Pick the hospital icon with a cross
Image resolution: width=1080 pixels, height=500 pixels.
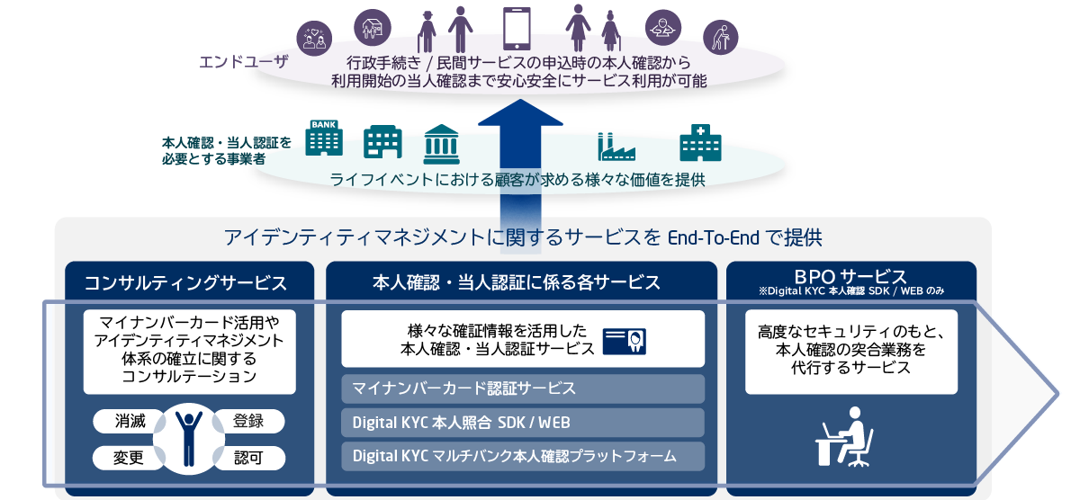(x=699, y=142)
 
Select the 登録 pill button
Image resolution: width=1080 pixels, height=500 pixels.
(x=248, y=421)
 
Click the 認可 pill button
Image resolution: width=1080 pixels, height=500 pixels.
(x=248, y=458)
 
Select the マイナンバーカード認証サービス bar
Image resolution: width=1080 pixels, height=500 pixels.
(x=523, y=388)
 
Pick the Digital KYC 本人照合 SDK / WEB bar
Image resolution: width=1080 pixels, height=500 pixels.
(x=523, y=423)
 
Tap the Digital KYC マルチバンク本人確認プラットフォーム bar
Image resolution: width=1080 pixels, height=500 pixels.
(x=523, y=455)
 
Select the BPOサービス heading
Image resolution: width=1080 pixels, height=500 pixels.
(x=850, y=276)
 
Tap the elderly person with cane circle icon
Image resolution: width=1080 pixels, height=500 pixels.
(x=720, y=37)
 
